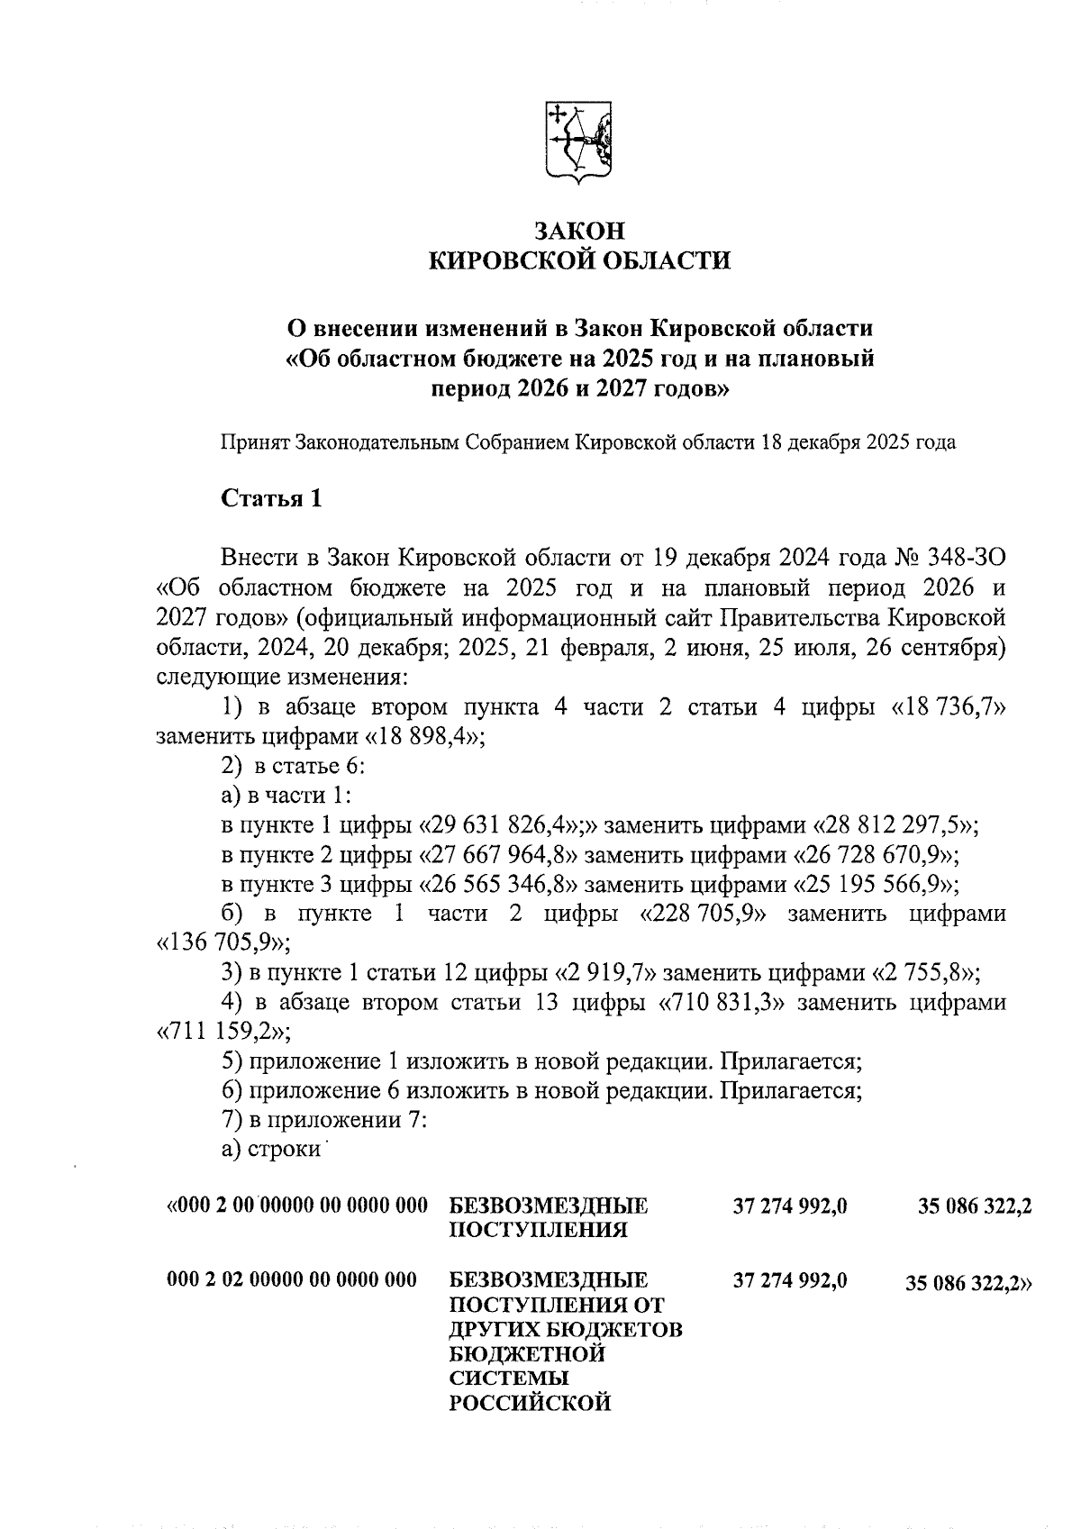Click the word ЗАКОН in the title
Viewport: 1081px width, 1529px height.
tap(578, 230)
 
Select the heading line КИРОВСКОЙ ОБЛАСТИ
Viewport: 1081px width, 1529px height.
tap(578, 261)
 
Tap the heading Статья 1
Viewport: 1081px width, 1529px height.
tap(271, 498)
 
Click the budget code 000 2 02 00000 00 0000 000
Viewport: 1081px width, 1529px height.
tap(292, 1279)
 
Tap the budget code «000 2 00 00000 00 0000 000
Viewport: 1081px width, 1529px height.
tap(297, 1206)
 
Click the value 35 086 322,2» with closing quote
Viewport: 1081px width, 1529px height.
tap(968, 1285)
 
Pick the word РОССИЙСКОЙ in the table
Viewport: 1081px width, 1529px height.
tap(531, 1403)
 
